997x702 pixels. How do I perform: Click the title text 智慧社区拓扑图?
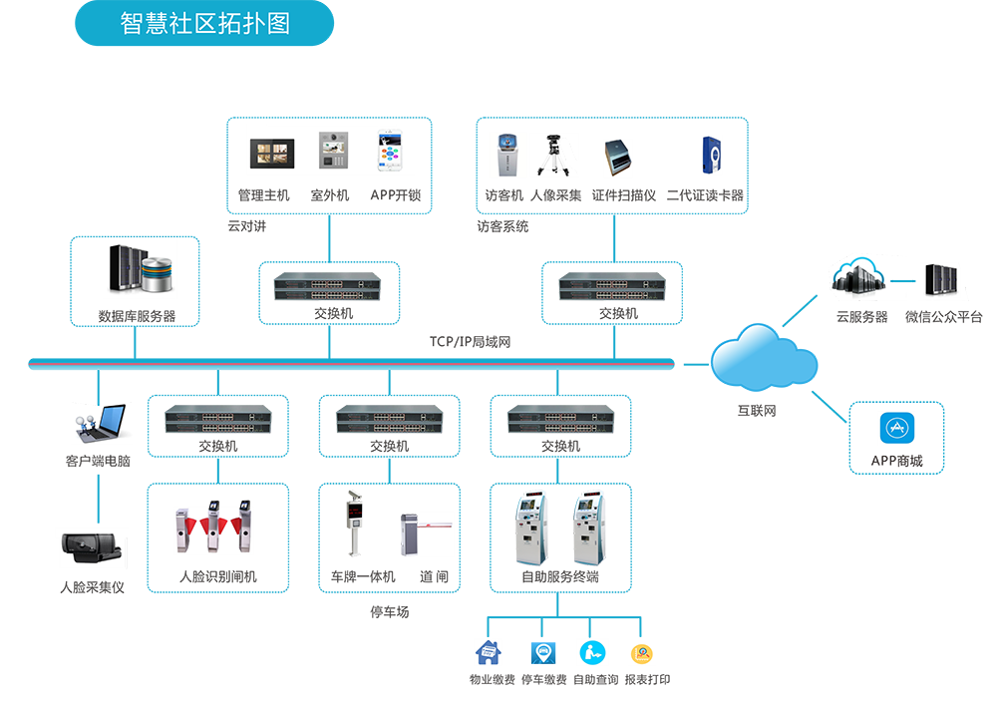click(205, 23)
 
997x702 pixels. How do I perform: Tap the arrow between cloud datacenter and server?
click(901, 281)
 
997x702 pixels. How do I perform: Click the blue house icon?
click(489, 653)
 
